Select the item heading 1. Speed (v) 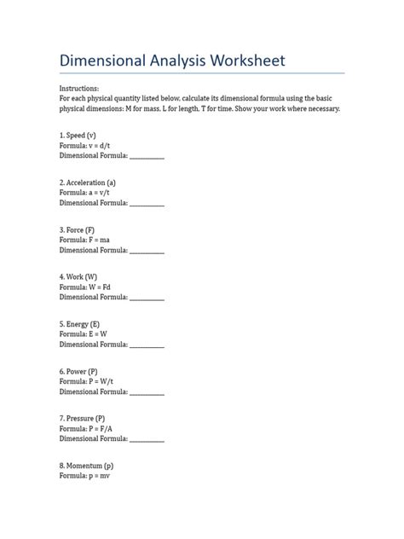pos(78,136)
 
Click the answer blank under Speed pos(147,158)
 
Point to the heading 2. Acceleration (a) pos(88,183)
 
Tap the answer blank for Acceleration pos(147,205)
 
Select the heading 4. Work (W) pos(78,277)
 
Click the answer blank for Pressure pos(147,440)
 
